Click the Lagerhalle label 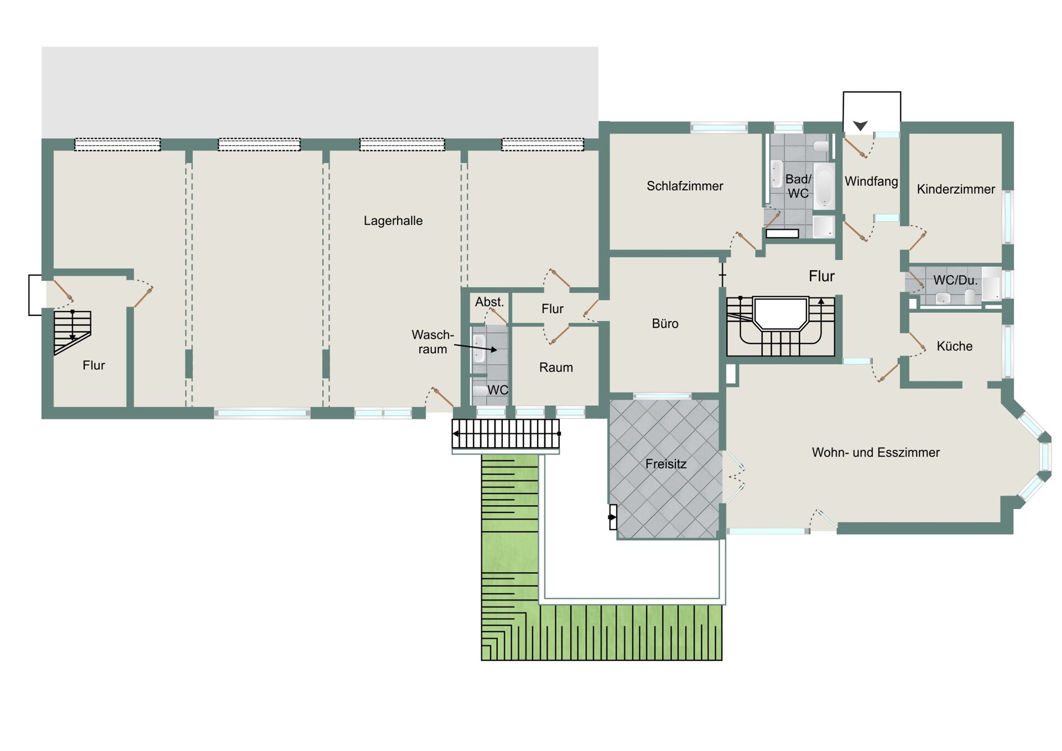tap(393, 221)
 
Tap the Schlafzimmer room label tap(685, 186)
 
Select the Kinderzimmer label tap(956, 189)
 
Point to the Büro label tap(665, 324)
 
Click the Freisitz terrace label tap(666, 464)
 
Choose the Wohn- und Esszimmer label tap(876, 452)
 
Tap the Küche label tap(954, 346)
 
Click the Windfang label tap(871, 181)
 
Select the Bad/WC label tap(798, 186)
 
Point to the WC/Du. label tap(955, 280)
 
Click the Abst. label tap(490, 302)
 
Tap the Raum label tap(556, 367)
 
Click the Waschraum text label tap(433, 342)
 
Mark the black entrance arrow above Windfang tap(860, 126)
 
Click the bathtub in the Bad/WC tap(824, 185)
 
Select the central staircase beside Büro tap(780, 327)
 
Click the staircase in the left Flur tap(72, 331)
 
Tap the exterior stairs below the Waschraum tap(506, 433)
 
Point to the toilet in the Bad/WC tap(822, 146)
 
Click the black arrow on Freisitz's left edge tap(612, 517)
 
